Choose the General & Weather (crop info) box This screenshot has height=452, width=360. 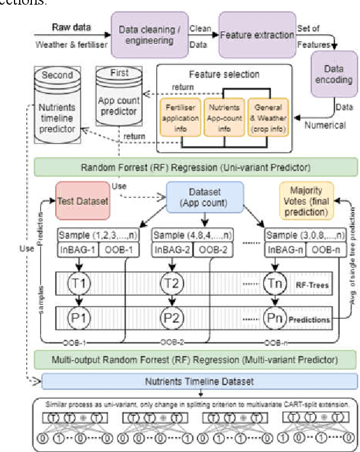268,117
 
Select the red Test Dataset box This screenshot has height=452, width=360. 82,200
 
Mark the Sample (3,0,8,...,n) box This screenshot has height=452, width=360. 301,235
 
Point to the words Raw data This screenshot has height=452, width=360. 71,27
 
